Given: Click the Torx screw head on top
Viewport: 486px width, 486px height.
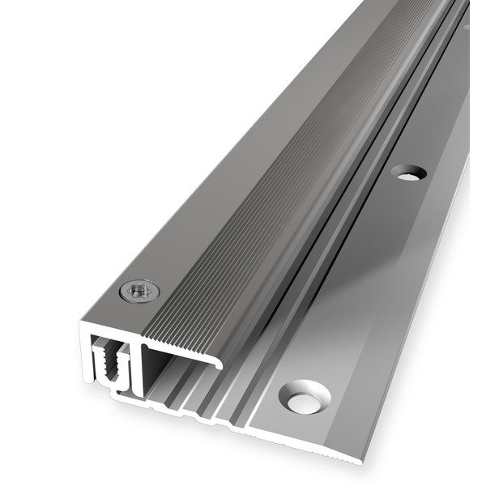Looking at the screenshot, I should pos(139,291).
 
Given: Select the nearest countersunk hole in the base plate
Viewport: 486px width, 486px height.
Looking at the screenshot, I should pos(305,397).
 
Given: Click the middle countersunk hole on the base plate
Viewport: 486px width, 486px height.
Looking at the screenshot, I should pos(408,172).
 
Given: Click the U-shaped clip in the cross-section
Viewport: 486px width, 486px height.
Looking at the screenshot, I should pos(111,364).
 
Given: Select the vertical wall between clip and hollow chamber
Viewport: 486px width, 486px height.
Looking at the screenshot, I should pos(139,369).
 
